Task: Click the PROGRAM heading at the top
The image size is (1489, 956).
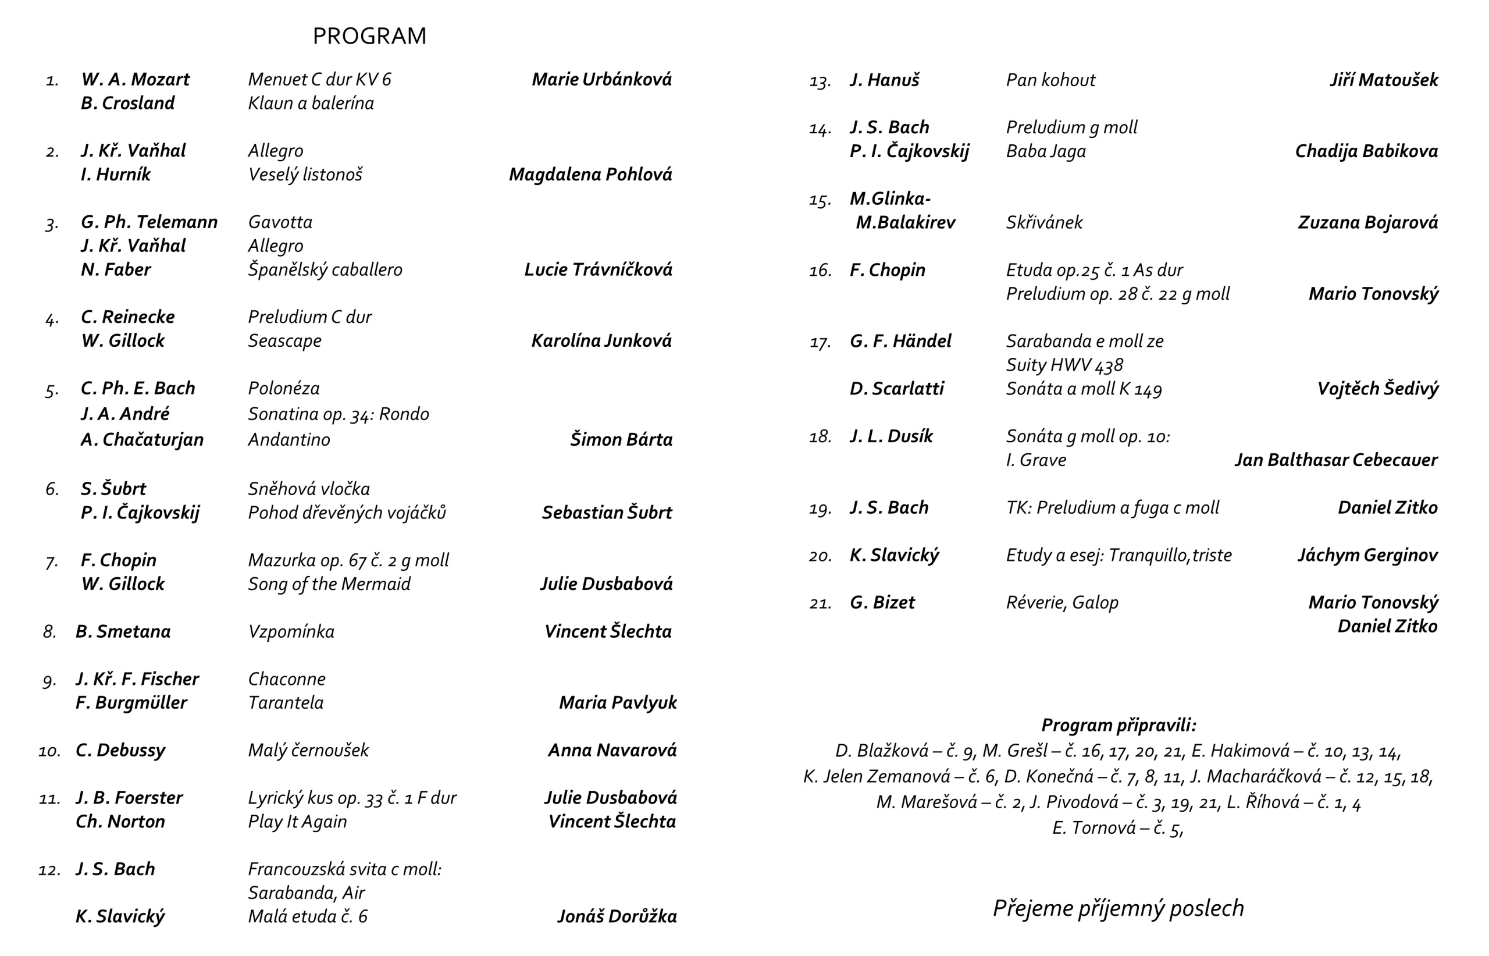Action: [370, 36]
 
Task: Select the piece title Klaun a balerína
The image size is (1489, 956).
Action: [311, 103]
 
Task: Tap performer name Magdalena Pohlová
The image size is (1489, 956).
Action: [590, 175]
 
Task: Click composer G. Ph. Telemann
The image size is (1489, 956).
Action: [149, 222]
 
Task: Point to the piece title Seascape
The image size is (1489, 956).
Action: [285, 341]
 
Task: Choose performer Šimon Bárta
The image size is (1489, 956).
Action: [621, 439]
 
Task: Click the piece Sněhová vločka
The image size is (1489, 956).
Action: [309, 489]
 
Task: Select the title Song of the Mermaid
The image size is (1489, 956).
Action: [329, 584]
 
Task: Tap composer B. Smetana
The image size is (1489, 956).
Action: [123, 631]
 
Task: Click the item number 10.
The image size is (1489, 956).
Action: [49, 751]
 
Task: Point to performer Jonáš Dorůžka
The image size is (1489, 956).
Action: [617, 917]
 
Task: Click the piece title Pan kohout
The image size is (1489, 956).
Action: [1050, 80]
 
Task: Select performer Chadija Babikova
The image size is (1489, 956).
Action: [1366, 151]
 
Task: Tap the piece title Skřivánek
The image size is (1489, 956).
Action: [1044, 222]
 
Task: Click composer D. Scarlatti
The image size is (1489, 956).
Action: [896, 389]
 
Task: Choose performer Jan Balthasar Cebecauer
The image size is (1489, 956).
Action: [1336, 460]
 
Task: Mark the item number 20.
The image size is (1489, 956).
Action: [820, 556]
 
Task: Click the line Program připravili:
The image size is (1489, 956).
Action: [1118, 725]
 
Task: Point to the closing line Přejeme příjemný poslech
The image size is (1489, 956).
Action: [1118, 908]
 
